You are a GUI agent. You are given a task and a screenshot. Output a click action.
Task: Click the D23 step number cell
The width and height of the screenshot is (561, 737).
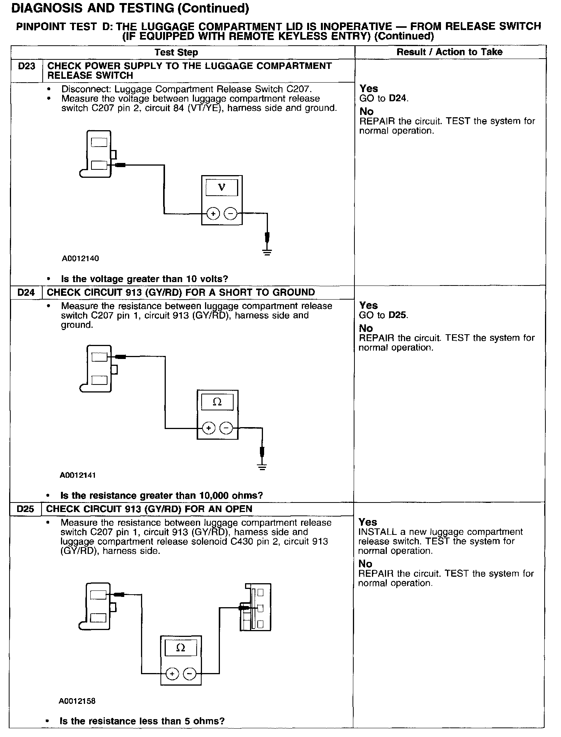point(26,66)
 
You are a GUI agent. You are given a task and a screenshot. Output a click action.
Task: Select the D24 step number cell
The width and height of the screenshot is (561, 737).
point(26,292)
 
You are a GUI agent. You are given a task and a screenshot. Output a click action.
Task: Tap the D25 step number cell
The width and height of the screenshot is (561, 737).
point(25,509)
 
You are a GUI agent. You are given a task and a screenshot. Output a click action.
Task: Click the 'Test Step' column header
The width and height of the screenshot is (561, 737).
point(176,53)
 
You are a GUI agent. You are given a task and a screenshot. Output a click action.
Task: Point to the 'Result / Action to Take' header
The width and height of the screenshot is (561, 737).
point(449,52)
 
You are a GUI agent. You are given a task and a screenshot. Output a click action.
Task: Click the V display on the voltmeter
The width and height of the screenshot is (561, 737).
point(221,187)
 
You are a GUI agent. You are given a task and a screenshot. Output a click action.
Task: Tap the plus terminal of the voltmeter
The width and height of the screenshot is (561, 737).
point(213,214)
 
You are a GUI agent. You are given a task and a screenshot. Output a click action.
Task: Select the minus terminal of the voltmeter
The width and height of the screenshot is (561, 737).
point(230,214)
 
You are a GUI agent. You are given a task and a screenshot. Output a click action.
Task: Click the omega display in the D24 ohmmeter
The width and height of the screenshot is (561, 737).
point(217,402)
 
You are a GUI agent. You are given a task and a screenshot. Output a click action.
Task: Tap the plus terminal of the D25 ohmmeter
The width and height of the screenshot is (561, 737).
point(173,674)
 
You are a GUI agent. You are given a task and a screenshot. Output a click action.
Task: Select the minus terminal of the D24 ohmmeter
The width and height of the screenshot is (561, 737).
point(226,428)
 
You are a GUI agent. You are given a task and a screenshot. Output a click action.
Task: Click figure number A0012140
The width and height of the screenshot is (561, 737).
point(80,258)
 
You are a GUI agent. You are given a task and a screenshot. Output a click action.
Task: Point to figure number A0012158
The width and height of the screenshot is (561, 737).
point(77,701)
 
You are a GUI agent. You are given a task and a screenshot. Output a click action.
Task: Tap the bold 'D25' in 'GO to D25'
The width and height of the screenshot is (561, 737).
point(398,315)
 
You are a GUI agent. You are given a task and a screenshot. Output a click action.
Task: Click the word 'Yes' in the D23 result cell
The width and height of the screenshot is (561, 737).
point(369,89)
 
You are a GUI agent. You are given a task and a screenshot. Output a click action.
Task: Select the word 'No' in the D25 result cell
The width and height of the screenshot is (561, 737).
point(365,563)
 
